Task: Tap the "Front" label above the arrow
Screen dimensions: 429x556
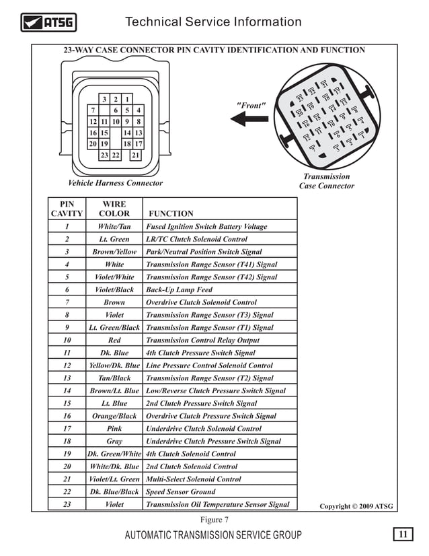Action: tap(251, 106)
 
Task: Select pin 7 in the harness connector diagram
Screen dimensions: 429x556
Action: tap(92, 110)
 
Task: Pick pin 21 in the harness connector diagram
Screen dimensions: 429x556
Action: tap(136, 155)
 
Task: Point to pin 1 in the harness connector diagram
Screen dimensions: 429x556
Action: tap(127, 99)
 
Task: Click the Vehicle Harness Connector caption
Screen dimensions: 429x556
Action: tap(116, 183)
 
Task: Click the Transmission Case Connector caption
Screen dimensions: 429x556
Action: tap(326, 181)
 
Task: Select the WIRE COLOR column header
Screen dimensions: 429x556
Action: tap(114, 208)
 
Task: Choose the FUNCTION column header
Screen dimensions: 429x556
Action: tap(171, 213)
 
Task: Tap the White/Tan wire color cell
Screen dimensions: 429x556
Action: tap(114, 227)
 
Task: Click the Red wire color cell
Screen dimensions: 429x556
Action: tap(114, 340)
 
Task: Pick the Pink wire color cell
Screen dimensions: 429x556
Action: tap(114, 428)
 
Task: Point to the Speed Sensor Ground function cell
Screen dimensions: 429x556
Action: tap(180, 491)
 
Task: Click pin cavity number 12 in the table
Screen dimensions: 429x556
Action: tap(67, 366)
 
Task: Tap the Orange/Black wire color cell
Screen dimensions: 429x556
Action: tap(114, 416)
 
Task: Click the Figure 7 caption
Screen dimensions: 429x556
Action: tap(214, 519)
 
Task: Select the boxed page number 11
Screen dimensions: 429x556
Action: tap(402, 534)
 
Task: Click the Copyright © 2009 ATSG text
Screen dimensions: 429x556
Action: tap(356, 506)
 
